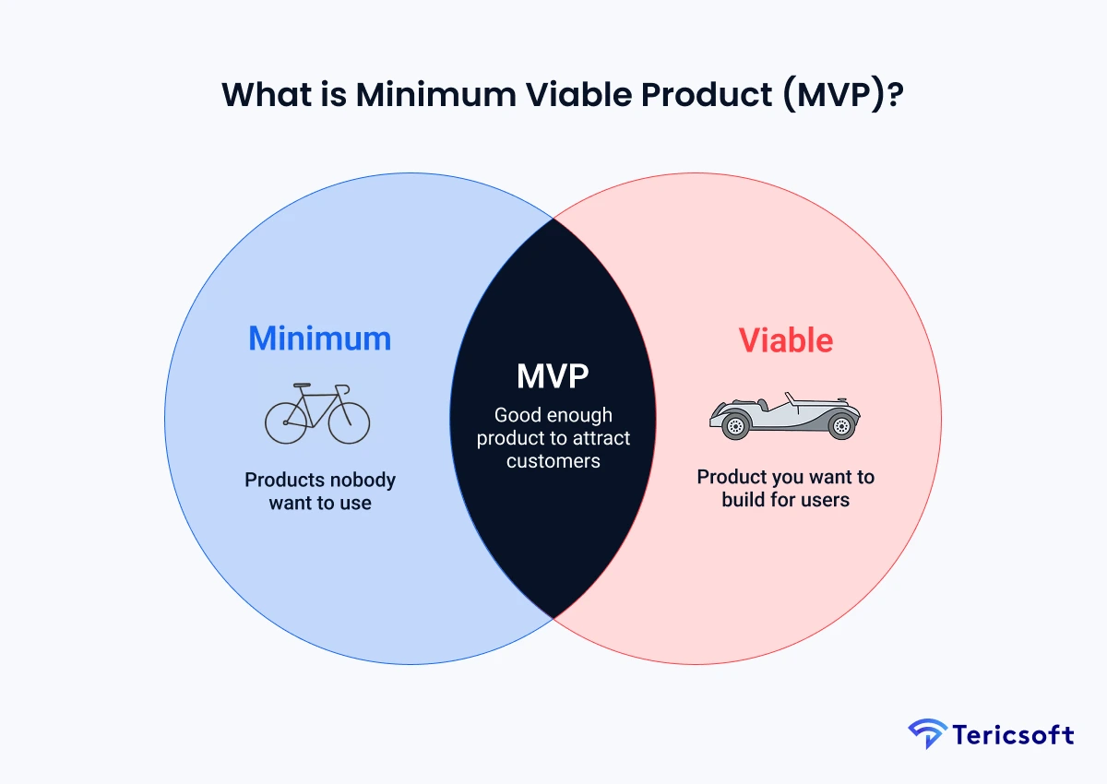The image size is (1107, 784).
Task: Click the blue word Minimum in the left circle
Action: tap(319, 339)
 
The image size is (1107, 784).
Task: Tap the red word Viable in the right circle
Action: tap(785, 340)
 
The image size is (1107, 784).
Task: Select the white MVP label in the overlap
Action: tap(553, 377)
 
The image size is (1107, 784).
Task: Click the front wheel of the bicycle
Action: tap(349, 422)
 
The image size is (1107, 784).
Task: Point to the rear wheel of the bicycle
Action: tap(285, 422)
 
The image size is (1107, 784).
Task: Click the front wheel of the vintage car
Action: tap(735, 425)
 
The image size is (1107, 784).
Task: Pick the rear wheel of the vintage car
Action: tap(840, 425)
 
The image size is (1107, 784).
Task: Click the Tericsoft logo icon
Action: tap(927, 735)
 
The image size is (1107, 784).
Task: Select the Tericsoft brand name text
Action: tap(1015, 735)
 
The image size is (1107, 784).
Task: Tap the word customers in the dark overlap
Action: tap(553, 460)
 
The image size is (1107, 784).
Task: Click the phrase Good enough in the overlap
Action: tap(553, 415)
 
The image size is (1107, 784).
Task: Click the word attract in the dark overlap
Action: tap(599, 437)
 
